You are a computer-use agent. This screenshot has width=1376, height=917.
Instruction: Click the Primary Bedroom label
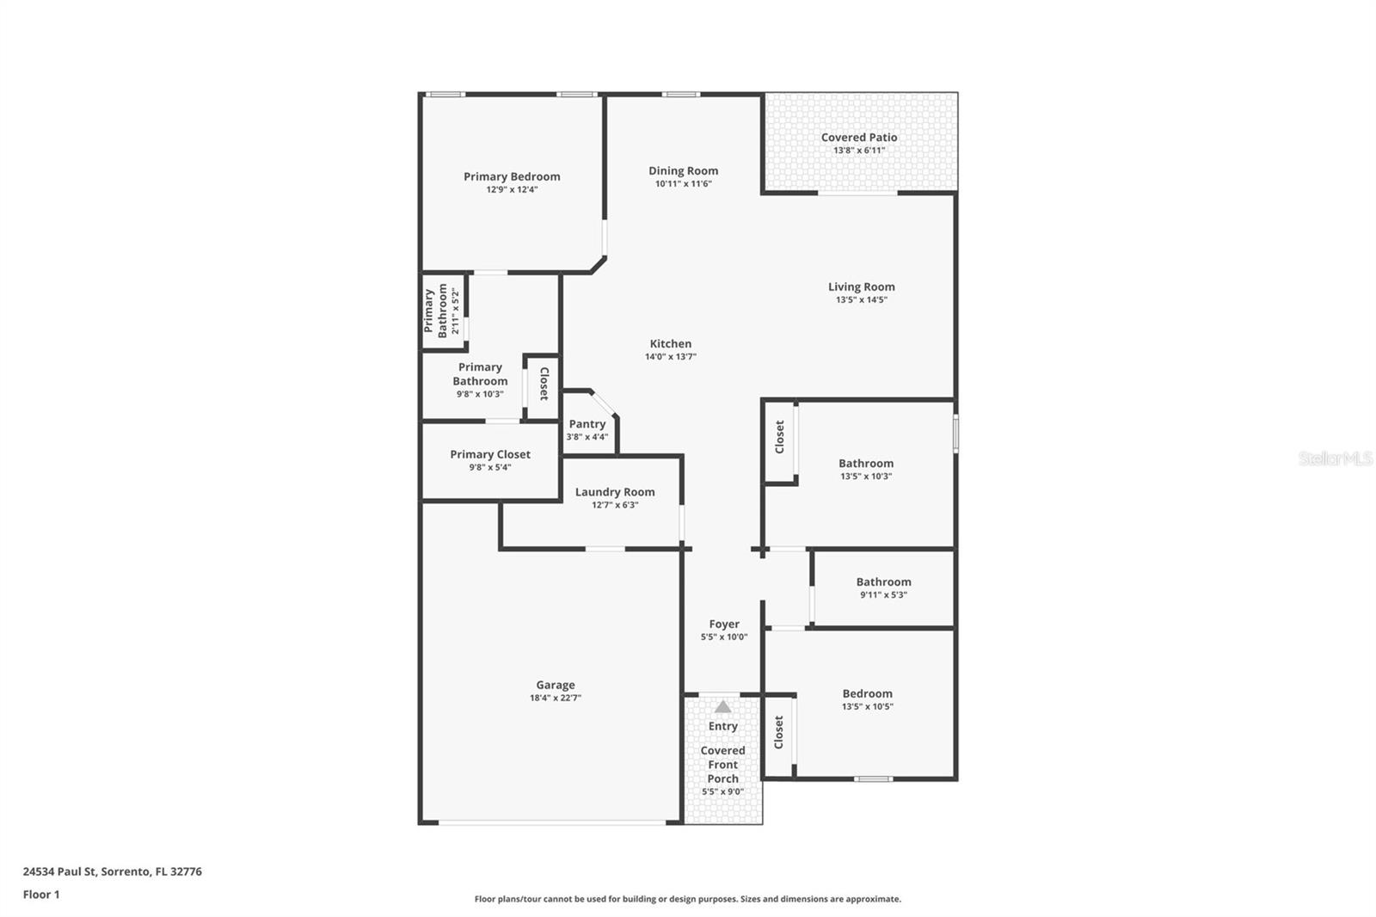coord(512,176)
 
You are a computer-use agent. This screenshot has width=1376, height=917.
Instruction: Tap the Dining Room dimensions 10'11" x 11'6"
coord(683,184)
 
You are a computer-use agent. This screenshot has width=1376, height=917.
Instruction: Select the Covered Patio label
coord(858,137)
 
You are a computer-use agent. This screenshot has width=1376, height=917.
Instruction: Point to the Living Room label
coord(861,286)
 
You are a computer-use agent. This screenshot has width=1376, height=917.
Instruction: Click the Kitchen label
coord(670,343)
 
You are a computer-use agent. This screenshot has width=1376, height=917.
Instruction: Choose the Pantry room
coord(587,428)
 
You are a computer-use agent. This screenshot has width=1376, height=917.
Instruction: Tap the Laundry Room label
coord(614,492)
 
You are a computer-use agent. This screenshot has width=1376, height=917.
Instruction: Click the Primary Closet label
coord(490,454)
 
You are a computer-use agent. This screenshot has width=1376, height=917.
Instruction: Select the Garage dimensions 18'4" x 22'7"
coord(555,699)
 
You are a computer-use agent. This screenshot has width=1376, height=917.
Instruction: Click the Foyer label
coord(723,624)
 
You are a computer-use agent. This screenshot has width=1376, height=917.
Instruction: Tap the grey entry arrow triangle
coord(723,706)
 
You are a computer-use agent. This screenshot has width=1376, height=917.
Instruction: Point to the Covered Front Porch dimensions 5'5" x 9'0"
coord(722,792)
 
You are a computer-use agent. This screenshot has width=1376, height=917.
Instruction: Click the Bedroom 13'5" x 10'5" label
coord(867,693)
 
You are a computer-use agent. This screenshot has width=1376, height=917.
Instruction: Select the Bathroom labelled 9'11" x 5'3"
coord(883,587)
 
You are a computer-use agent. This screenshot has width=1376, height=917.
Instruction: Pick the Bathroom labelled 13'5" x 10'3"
coord(866,468)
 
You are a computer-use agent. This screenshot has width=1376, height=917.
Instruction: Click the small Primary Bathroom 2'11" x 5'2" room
coord(442,311)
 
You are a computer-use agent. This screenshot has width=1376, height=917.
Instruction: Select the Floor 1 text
coord(41,895)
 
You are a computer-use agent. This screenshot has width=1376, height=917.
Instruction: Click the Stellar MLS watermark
coord(1335,459)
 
